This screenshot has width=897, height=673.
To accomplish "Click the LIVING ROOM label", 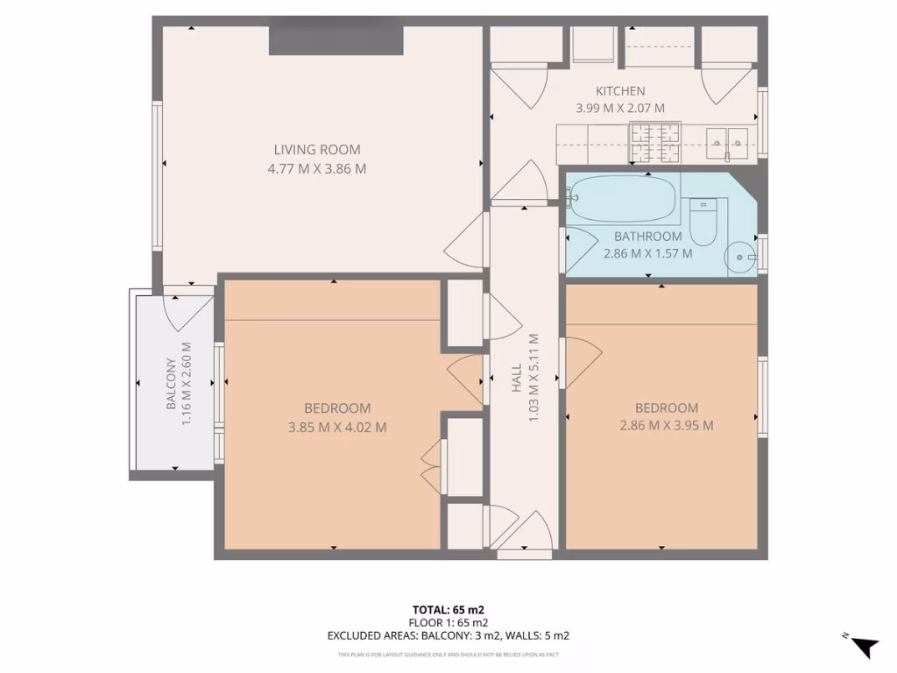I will tap(316, 150).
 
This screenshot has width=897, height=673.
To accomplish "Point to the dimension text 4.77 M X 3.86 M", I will tap(316, 168).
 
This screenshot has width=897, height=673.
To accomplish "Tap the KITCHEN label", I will tap(620, 91).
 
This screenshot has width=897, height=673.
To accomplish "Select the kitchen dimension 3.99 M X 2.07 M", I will tap(620, 109).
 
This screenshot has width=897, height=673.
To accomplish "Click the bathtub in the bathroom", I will tap(623, 199).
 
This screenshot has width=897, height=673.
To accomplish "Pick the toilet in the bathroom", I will tap(703, 223).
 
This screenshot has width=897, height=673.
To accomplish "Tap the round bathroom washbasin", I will tap(741, 257).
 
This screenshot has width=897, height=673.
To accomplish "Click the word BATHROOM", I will tap(647, 237).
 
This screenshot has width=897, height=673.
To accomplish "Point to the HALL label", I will tap(517, 379).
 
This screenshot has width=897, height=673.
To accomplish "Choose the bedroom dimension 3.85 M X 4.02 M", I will tap(337, 428).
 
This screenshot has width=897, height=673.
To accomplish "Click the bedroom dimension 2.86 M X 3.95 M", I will tap(667, 426).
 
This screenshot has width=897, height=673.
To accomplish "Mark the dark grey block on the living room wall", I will tap(335, 40).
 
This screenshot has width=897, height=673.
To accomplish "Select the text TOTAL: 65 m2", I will tap(448, 609).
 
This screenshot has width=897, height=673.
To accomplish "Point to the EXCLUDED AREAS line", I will tap(448, 636).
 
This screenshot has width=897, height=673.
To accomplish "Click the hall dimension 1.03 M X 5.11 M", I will tap(533, 379).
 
